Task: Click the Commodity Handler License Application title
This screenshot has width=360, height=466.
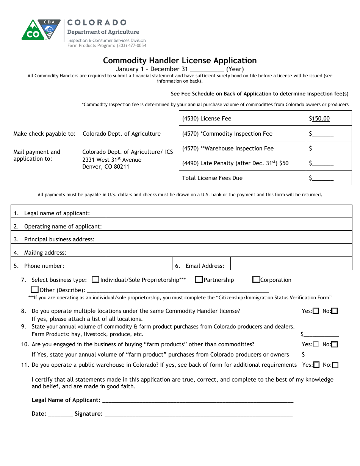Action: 180,61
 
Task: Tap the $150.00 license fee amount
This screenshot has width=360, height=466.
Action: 319,119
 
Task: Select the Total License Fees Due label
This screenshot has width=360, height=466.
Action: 212,178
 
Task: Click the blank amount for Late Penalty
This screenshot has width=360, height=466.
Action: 321,163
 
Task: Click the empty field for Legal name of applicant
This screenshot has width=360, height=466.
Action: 229,211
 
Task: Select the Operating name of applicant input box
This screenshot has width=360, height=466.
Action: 229,224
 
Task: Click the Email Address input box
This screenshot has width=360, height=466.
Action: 291,264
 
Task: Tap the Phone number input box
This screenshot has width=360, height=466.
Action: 139,264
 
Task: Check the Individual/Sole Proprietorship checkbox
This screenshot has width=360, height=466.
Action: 95,280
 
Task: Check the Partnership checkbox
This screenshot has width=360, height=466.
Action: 199,280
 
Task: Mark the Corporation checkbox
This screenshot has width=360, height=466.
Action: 256,280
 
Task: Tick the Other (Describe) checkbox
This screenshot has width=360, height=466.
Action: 35,290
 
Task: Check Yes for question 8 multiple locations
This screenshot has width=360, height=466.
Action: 316,311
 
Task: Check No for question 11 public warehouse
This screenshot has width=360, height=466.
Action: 335,365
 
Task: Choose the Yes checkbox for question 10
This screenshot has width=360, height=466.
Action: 316,344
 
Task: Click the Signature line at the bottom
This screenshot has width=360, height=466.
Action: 198,414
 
